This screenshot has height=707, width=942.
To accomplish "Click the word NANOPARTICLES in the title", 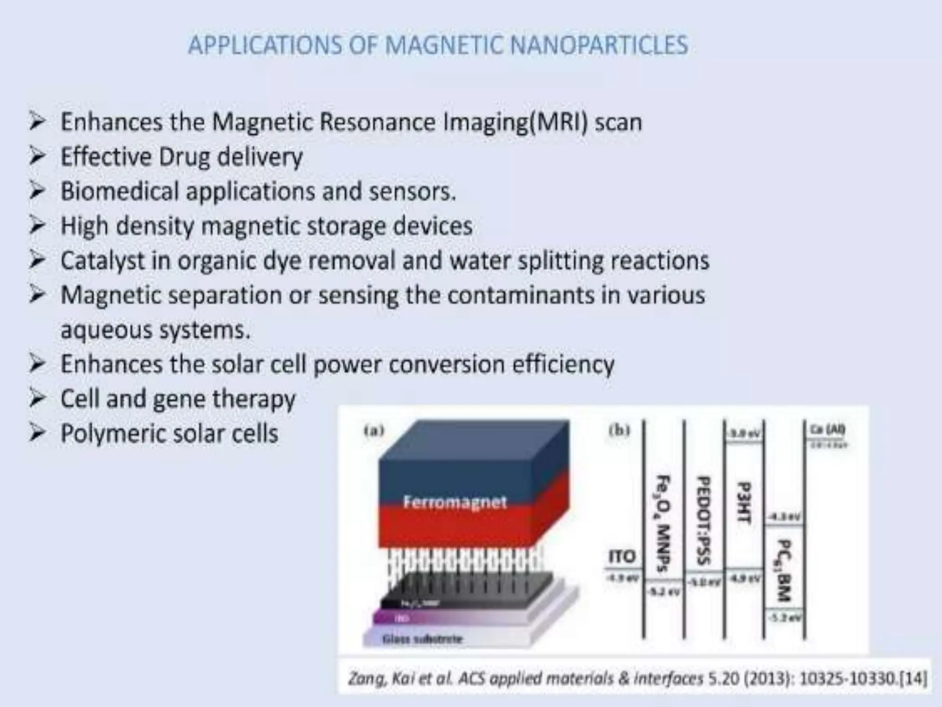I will pos(599,45).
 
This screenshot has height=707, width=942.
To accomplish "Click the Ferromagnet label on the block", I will pos(454,501).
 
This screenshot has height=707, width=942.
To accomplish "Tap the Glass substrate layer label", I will pos(422,639).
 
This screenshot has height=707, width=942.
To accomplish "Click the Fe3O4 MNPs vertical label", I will pos(662,522).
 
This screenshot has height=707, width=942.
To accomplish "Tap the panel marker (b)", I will pos(619,430).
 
